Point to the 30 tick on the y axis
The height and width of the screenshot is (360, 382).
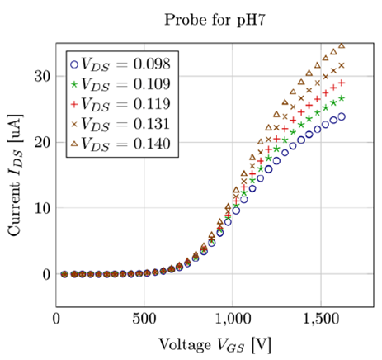click(41, 76)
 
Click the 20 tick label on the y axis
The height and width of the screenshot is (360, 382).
click(41, 142)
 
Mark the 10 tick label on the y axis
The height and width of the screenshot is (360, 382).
click(41, 208)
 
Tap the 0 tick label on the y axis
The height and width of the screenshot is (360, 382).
click(45, 274)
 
